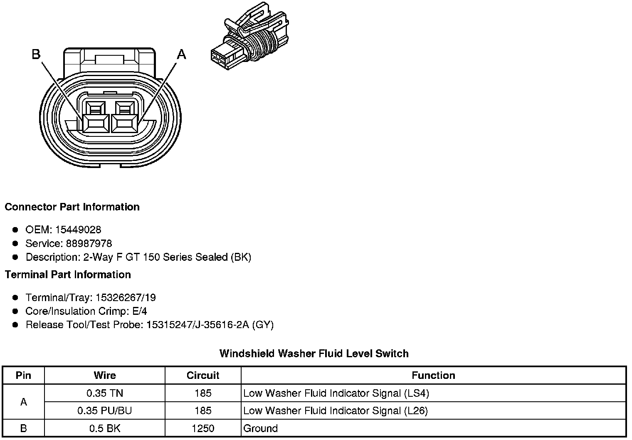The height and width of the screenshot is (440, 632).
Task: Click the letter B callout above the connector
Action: pyautogui.click(x=36, y=54)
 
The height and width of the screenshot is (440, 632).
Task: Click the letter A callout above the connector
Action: pyautogui.click(x=182, y=54)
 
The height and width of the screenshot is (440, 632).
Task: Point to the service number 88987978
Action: pyautogui.click(x=89, y=243)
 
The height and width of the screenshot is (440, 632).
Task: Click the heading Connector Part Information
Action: pyautogui.click(x=72, y=207)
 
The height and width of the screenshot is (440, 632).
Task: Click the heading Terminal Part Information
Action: pyautogui.click(x=68, y=275)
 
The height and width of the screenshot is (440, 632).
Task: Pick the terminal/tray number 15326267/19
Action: pyautogui.click(x=126, y=297)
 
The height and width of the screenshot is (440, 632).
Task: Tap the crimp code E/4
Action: pyautogui.click(x=138, y=311)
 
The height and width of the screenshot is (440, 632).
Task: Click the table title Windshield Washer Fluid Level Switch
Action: pyautogui.click(x=314, y=354)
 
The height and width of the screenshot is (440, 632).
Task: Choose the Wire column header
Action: pyautogui.click(x=105, y=376)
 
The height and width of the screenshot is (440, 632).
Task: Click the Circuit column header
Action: pyautogui.click(x=203, y=376)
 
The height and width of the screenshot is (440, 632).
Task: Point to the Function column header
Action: pyautogui.click(x=433, y=376)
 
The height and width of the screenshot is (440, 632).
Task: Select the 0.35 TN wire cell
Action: pyautogui.click(x=105, y=393)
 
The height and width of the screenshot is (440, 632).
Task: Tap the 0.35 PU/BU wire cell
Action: pyautogui.click(x=105, y=411)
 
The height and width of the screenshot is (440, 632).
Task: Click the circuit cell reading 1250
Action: pyautogui.click(x=203, y=428)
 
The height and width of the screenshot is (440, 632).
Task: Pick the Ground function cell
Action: pyautogui.click(x=261, y=428)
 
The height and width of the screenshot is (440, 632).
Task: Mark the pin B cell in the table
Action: pyautogui.click(x=23, y=428)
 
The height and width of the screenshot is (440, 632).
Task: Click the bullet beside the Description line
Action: pyautogui.click(x=15, y=257)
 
